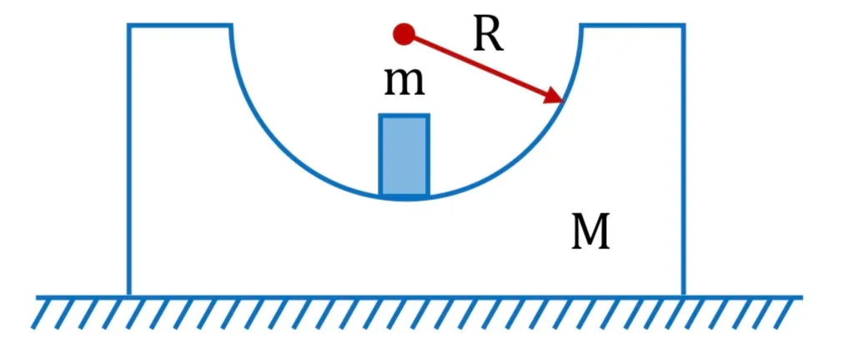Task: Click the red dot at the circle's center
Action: (x=404, y=34)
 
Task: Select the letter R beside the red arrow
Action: (x=488, y=37)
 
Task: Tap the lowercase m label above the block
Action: (x=404, y=82)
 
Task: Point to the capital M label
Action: (x=590, y=232)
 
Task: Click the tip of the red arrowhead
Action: (x=564, y=102)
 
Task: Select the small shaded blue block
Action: (x=404, y=155)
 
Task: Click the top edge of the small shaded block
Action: (x=404, y=116)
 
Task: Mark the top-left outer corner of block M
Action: (x=129, y=25)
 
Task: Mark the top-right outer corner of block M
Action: (x=684, y=25)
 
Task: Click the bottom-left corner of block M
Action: (x=129, y=296)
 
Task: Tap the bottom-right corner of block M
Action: (x=684, y=296)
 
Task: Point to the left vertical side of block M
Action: (x=129, y=160)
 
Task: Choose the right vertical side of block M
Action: (x=684, y=160)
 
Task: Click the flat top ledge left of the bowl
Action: (x=179, y=25)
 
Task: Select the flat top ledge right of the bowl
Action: (x=633, y=25)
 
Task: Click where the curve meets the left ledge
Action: (x=230, y=25)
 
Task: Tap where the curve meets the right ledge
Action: (x=582, y=25)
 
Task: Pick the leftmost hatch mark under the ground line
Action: (x=43, y=313)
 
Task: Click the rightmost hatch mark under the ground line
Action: (x=785, y=313)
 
